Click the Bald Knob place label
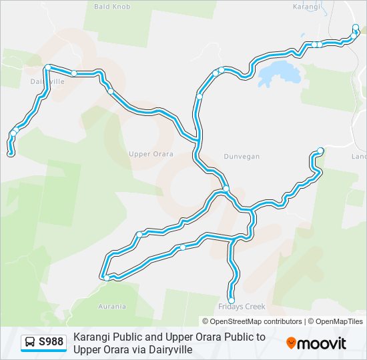click(111, 7)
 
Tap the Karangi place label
click(307, 7)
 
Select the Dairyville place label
click(47, 81)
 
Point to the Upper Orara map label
click(151, 154)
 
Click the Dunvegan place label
click(242, 156)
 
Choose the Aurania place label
click(111, 307)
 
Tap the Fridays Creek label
click(242, 307)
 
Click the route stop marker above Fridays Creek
click(232, 300)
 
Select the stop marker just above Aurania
click(105, 277)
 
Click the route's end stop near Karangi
click(356, 27)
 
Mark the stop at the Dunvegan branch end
click(320, 151)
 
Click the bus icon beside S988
click(30, 343)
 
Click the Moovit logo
click(316, 343)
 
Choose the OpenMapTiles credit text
click(339, 321)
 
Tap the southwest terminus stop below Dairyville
click(11, 154)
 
